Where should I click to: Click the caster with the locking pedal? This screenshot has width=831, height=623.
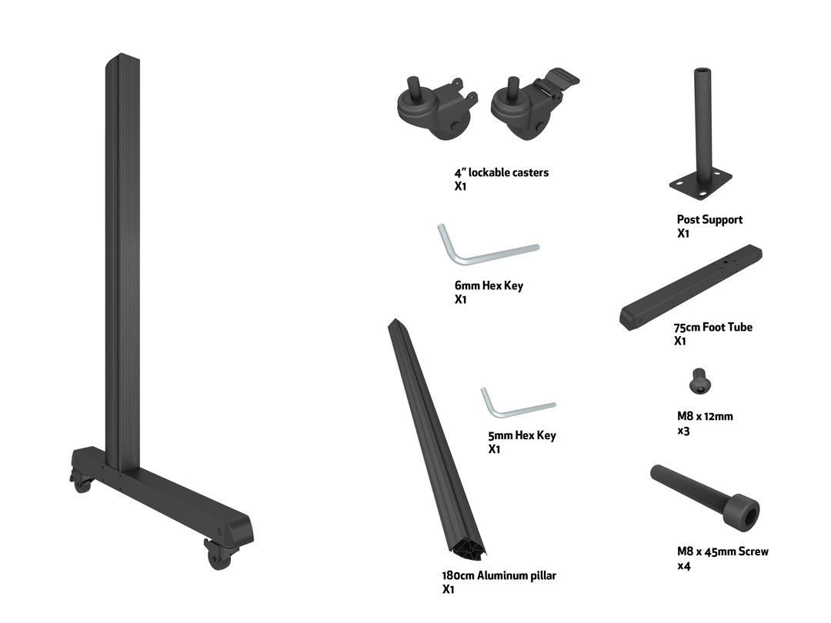[530, 106]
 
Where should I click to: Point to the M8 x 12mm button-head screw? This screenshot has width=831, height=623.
[699, 381]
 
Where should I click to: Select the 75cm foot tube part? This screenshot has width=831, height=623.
[690, 287]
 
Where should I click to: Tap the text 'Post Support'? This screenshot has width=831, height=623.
[709, 219]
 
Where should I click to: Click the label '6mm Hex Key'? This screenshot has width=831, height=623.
[489, 285]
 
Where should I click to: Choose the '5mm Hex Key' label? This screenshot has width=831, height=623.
[522, 435]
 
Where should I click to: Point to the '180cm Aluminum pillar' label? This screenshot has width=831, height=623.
[499, 575]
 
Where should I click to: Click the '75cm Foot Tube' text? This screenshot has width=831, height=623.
[713, 328]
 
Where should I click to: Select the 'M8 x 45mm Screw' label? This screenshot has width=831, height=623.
[723, 551]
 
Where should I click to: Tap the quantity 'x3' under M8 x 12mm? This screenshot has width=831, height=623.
[684, 431]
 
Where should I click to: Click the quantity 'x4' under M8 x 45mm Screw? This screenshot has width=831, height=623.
[684, 566]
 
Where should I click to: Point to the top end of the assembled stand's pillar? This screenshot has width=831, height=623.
[122, 55]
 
